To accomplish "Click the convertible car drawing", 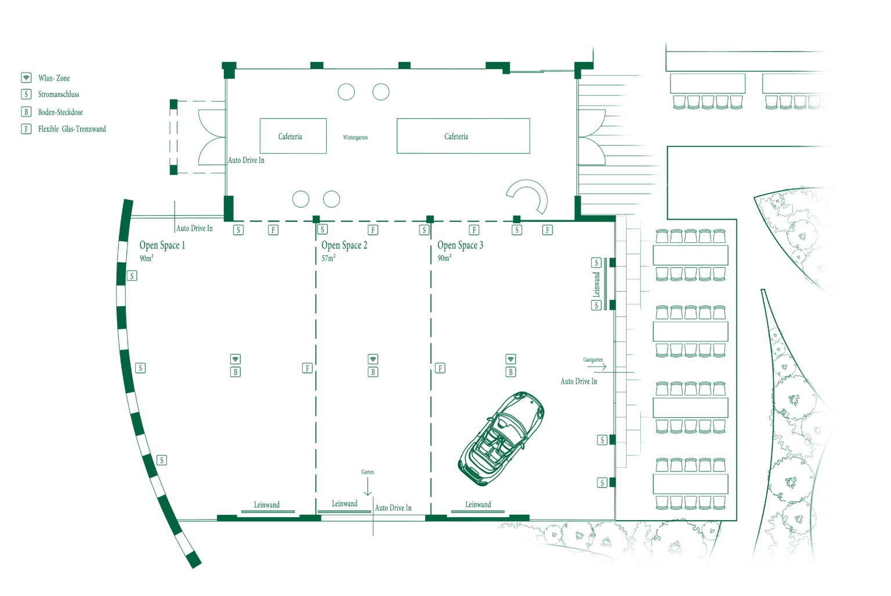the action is (501, 438).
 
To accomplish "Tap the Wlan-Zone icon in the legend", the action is (26, 78).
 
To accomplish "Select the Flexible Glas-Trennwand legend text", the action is (72, 129).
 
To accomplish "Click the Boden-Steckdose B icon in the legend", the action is (26, 112).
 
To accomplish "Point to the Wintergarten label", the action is (355, 137).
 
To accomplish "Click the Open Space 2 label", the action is (344, 245).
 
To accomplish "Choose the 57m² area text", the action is (328, 258).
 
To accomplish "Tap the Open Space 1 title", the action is (162, 245).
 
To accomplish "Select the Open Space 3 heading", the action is (460, 245).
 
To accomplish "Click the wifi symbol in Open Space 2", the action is (373, 359).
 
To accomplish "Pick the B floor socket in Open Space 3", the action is (510, 372).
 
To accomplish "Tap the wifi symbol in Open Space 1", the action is (236, 359).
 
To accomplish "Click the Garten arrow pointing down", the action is (368, 486).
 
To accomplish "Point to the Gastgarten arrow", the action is (599, 366).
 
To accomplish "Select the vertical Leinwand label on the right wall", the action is (596, 285).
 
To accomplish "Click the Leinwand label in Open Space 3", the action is (478, 504).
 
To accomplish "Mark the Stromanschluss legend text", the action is (59, 95).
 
